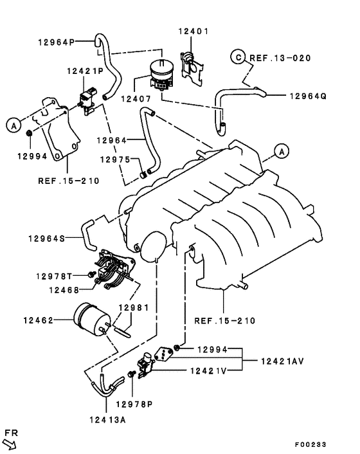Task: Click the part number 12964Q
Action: tap(307, 96)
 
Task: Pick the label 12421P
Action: tap(84, 71)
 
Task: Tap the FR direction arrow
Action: tap(9, 442)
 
